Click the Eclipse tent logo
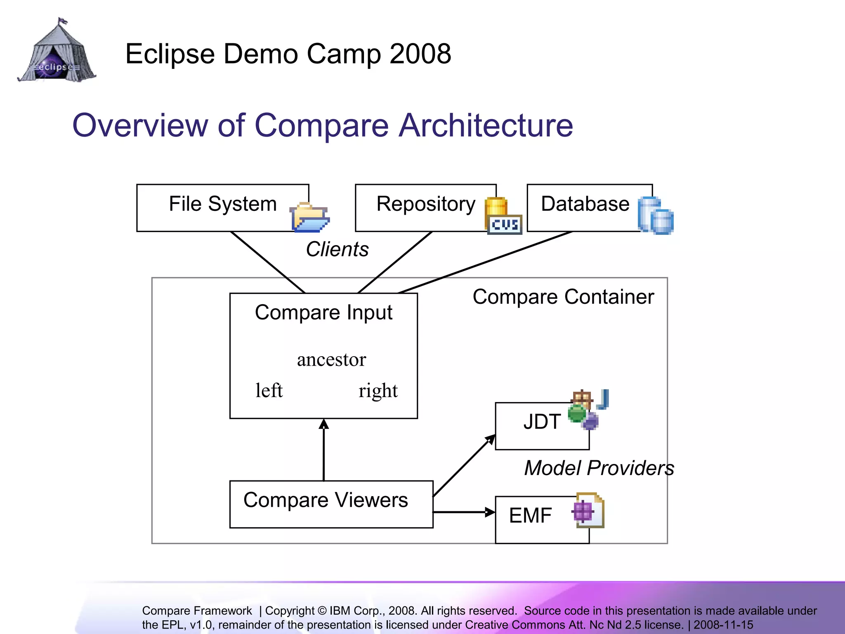pos(57,52)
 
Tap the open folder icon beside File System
pos(309,217)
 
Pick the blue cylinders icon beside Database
pos(655,216)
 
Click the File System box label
pos(223,204)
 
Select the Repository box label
pos(426,204)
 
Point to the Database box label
pos(585,204)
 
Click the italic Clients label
pos(337,249)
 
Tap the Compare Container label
pos(563,297)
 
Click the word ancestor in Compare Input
pos(331,360)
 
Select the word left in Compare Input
pos(269,390)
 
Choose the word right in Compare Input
pos(378,390)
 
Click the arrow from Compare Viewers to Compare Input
pos(324,450)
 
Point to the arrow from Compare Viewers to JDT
pos(464,466)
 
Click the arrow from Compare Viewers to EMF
pos(464,512)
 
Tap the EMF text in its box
pos(530,516)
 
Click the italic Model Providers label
pos(599,468)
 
